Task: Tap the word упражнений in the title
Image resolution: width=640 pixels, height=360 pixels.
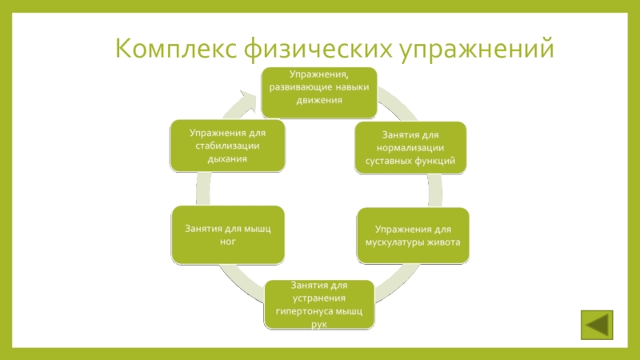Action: click(x=475, y=48)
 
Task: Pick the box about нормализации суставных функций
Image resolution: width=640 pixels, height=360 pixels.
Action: click(x=410, y=146)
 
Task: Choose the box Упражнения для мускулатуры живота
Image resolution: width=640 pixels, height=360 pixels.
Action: click(x=412, y=235)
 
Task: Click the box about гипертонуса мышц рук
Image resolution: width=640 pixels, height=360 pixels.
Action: click(x=320, y=304)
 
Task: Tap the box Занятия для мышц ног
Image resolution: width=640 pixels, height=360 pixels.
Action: click(x=228, y=235)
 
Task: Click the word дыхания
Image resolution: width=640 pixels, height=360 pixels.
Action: click(x=227, y=159)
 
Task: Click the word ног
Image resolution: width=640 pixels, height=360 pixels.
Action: click(x=228, y=242)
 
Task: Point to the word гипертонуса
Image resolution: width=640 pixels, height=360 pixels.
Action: click(x=304, y=310)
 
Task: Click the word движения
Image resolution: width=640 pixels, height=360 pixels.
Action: click(x=320, y=102)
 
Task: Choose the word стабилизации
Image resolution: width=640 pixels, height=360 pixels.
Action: click(x=227, y=146)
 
